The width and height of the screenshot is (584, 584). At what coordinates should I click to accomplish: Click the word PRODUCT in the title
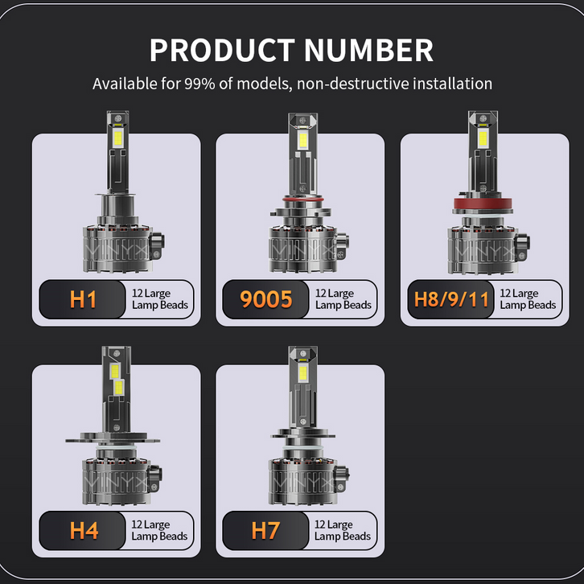[x=222, y=50]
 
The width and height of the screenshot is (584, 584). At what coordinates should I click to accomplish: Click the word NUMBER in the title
[x=369, y=50]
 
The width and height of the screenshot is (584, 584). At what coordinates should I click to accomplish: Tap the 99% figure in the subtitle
[x=199, y=84]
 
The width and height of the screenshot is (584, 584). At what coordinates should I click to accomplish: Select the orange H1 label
[x=83, y=299]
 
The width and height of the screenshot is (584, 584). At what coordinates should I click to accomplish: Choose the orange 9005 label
[x=266, y=299]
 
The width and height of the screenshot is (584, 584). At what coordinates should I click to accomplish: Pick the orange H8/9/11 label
[x=451, y=299]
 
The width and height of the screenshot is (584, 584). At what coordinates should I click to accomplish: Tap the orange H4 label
[x=84, y=530]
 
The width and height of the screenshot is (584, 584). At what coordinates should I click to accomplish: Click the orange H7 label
[x=265, y=530]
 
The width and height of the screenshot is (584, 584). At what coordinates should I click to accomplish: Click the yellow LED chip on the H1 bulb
[x=117, y=138]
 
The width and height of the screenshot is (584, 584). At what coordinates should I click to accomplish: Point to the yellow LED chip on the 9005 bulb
[x=302, y=140]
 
